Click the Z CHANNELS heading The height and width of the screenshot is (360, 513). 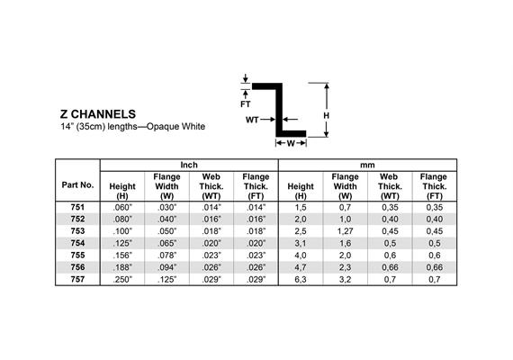tap(98, 114)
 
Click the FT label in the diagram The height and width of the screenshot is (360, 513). tap(246, 104)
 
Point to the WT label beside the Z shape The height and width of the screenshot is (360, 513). tap(252, 120)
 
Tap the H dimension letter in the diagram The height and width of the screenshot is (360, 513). tap(326, 115)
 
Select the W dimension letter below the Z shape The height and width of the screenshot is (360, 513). tap(291, 143)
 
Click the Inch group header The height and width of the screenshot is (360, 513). tap(189, 165)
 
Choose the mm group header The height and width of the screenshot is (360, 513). tap(367, 166)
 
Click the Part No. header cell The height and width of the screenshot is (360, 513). tap(77, 184)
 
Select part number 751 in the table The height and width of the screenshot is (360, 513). tap(77, 207)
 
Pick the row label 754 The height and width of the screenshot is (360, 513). tap(77, 243)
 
